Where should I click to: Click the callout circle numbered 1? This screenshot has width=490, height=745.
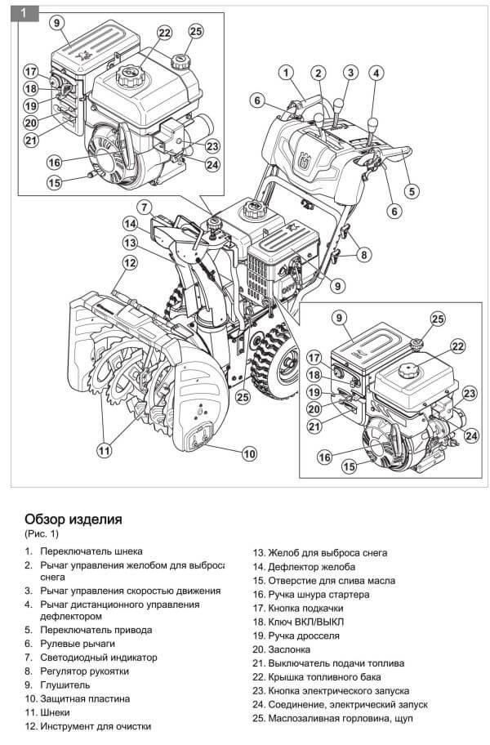(x=287, y=73)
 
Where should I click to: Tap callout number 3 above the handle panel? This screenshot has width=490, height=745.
(x=350, y=73)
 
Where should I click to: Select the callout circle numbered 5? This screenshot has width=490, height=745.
(x=412, y=191)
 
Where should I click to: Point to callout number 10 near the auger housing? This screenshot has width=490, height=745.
(x=249, y=453)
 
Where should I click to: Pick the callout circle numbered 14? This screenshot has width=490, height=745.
(x=130, y=223)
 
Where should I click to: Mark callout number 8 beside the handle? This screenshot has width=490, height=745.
(x=363, y=255)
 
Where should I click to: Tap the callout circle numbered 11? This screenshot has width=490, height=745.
(x=104, y=449)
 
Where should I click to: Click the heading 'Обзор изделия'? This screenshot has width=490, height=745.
(x=73, y=519)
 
